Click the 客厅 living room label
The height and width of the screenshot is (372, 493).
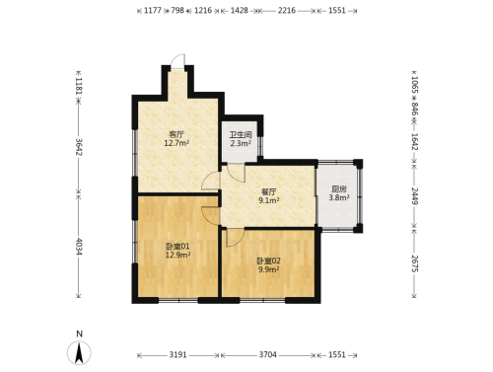pyautogui.click(x=176, y=134)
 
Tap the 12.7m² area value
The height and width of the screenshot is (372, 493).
pyautogui.click(x=176, y=143)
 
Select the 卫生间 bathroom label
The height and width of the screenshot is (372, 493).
pyautogui.click(x=241, y=135)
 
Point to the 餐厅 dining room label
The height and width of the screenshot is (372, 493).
pyautogui.click(x=268, y=191)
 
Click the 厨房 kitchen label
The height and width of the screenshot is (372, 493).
pyautogui.click(x=339, y=189)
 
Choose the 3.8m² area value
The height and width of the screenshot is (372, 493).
pyautogui.click(x=339, y=197)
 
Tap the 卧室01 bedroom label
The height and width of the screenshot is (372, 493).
pyautogui.click(x=177, y=246)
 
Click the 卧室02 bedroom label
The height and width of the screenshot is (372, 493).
pyautogui.click(x=268, y=261)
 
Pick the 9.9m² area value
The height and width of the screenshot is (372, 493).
pyautogui.click(x=268, y=269)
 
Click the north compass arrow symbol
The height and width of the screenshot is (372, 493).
pyautogui.click(x=79, y=353)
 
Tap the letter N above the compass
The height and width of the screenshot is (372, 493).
pyautogui.click(x=79, y=335)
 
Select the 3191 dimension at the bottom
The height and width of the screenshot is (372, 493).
pyautogui.click(x=177, y=355)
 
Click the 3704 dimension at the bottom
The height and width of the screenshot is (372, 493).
pyautogui.click(x=268, y=355)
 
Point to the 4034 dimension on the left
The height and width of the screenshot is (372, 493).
pyautogui.click(x=79, y=247)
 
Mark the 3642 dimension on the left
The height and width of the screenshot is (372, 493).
pyautogui.click(x=79, y=147)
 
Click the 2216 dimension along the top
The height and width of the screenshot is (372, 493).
pyautogui.click(x=287, y=11)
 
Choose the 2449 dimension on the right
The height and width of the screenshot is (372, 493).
pyautogui.click(x=415, y=196)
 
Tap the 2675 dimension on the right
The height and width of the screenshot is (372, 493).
pyautogui.click(x=415, y=263)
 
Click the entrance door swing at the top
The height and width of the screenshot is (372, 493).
pyautogui.click(x=177, y=61)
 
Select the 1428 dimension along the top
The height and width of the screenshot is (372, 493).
pyautogui.click(x=239, y=11)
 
